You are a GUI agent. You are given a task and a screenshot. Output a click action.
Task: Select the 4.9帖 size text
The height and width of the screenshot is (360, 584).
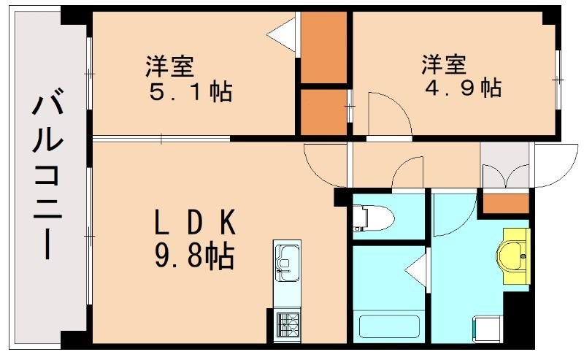tap(463, 88)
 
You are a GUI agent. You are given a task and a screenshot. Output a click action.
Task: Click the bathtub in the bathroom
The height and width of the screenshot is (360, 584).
tap(386, 326)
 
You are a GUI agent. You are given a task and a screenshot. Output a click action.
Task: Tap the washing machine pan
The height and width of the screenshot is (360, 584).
tap(486, 327)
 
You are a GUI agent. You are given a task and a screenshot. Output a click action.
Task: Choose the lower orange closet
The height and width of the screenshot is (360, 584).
tap(323, 111)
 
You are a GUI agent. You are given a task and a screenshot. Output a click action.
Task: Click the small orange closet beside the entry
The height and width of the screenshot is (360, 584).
tap(506, 202)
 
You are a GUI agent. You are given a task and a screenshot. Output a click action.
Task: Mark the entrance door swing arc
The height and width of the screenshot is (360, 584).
tap(555, 164)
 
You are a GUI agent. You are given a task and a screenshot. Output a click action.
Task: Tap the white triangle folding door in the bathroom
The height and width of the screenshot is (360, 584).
tap(416, 269)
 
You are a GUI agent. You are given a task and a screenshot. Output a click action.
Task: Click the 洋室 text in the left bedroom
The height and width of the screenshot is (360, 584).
tap(169, 68)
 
